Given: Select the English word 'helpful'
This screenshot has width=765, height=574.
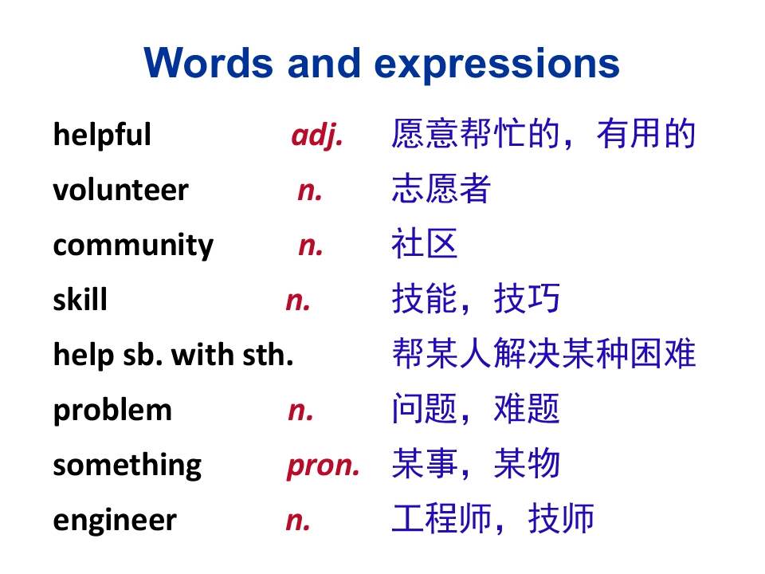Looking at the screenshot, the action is click(x=102, y=134).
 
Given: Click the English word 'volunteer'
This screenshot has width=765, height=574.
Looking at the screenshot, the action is click(x=120, y=190).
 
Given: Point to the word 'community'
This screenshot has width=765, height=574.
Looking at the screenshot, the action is click(x=133, y=246).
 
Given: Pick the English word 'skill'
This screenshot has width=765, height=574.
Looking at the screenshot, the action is click(x=80, y=298).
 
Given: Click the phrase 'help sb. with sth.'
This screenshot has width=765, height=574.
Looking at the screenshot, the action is click(x=173, y=355).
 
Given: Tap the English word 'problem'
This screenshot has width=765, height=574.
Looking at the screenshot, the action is click(x=112, y=410).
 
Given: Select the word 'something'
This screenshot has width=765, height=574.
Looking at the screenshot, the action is click(x=127, y=466).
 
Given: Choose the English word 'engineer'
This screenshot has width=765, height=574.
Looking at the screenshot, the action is click(x=115, y=521).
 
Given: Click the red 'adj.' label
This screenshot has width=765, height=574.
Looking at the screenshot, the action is click(x=317, y=136).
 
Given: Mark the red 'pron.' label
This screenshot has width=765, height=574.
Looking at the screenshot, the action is click(x=324, y=466).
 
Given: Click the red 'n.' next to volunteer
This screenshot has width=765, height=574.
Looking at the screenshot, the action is click(x=310, y=191).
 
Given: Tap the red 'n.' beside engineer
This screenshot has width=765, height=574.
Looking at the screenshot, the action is click(x=298, y=521).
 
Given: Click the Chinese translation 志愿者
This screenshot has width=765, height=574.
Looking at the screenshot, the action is click(x=441, y=188).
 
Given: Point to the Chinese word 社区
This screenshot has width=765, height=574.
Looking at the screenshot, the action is click(x=425, y=243).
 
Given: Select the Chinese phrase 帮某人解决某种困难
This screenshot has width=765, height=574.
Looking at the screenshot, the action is click(x=543, y=353).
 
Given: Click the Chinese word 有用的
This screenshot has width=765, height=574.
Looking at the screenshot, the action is click(x=646, y=133).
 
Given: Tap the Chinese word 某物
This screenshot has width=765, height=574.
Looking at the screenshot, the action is click(x=527, y=463).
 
